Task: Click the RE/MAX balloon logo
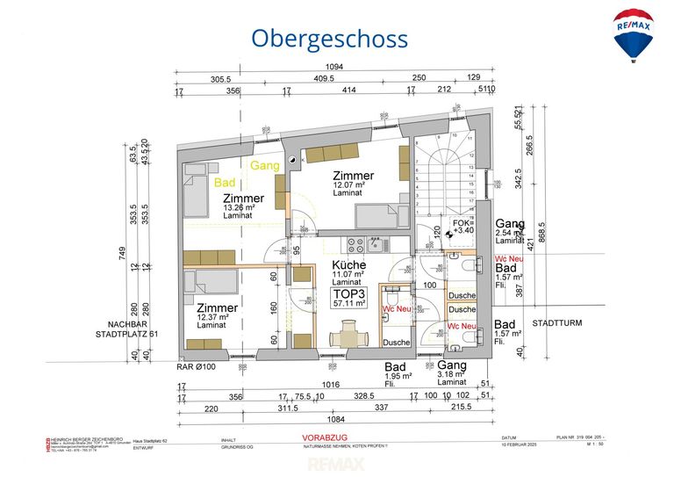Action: pos(633,34)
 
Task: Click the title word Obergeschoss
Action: pos(329,39)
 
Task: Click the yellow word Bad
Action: pos(224,182)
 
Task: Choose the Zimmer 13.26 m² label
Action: pos(243,205)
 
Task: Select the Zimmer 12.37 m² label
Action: pos(217,315)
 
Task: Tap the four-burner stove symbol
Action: pos(356,243)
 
